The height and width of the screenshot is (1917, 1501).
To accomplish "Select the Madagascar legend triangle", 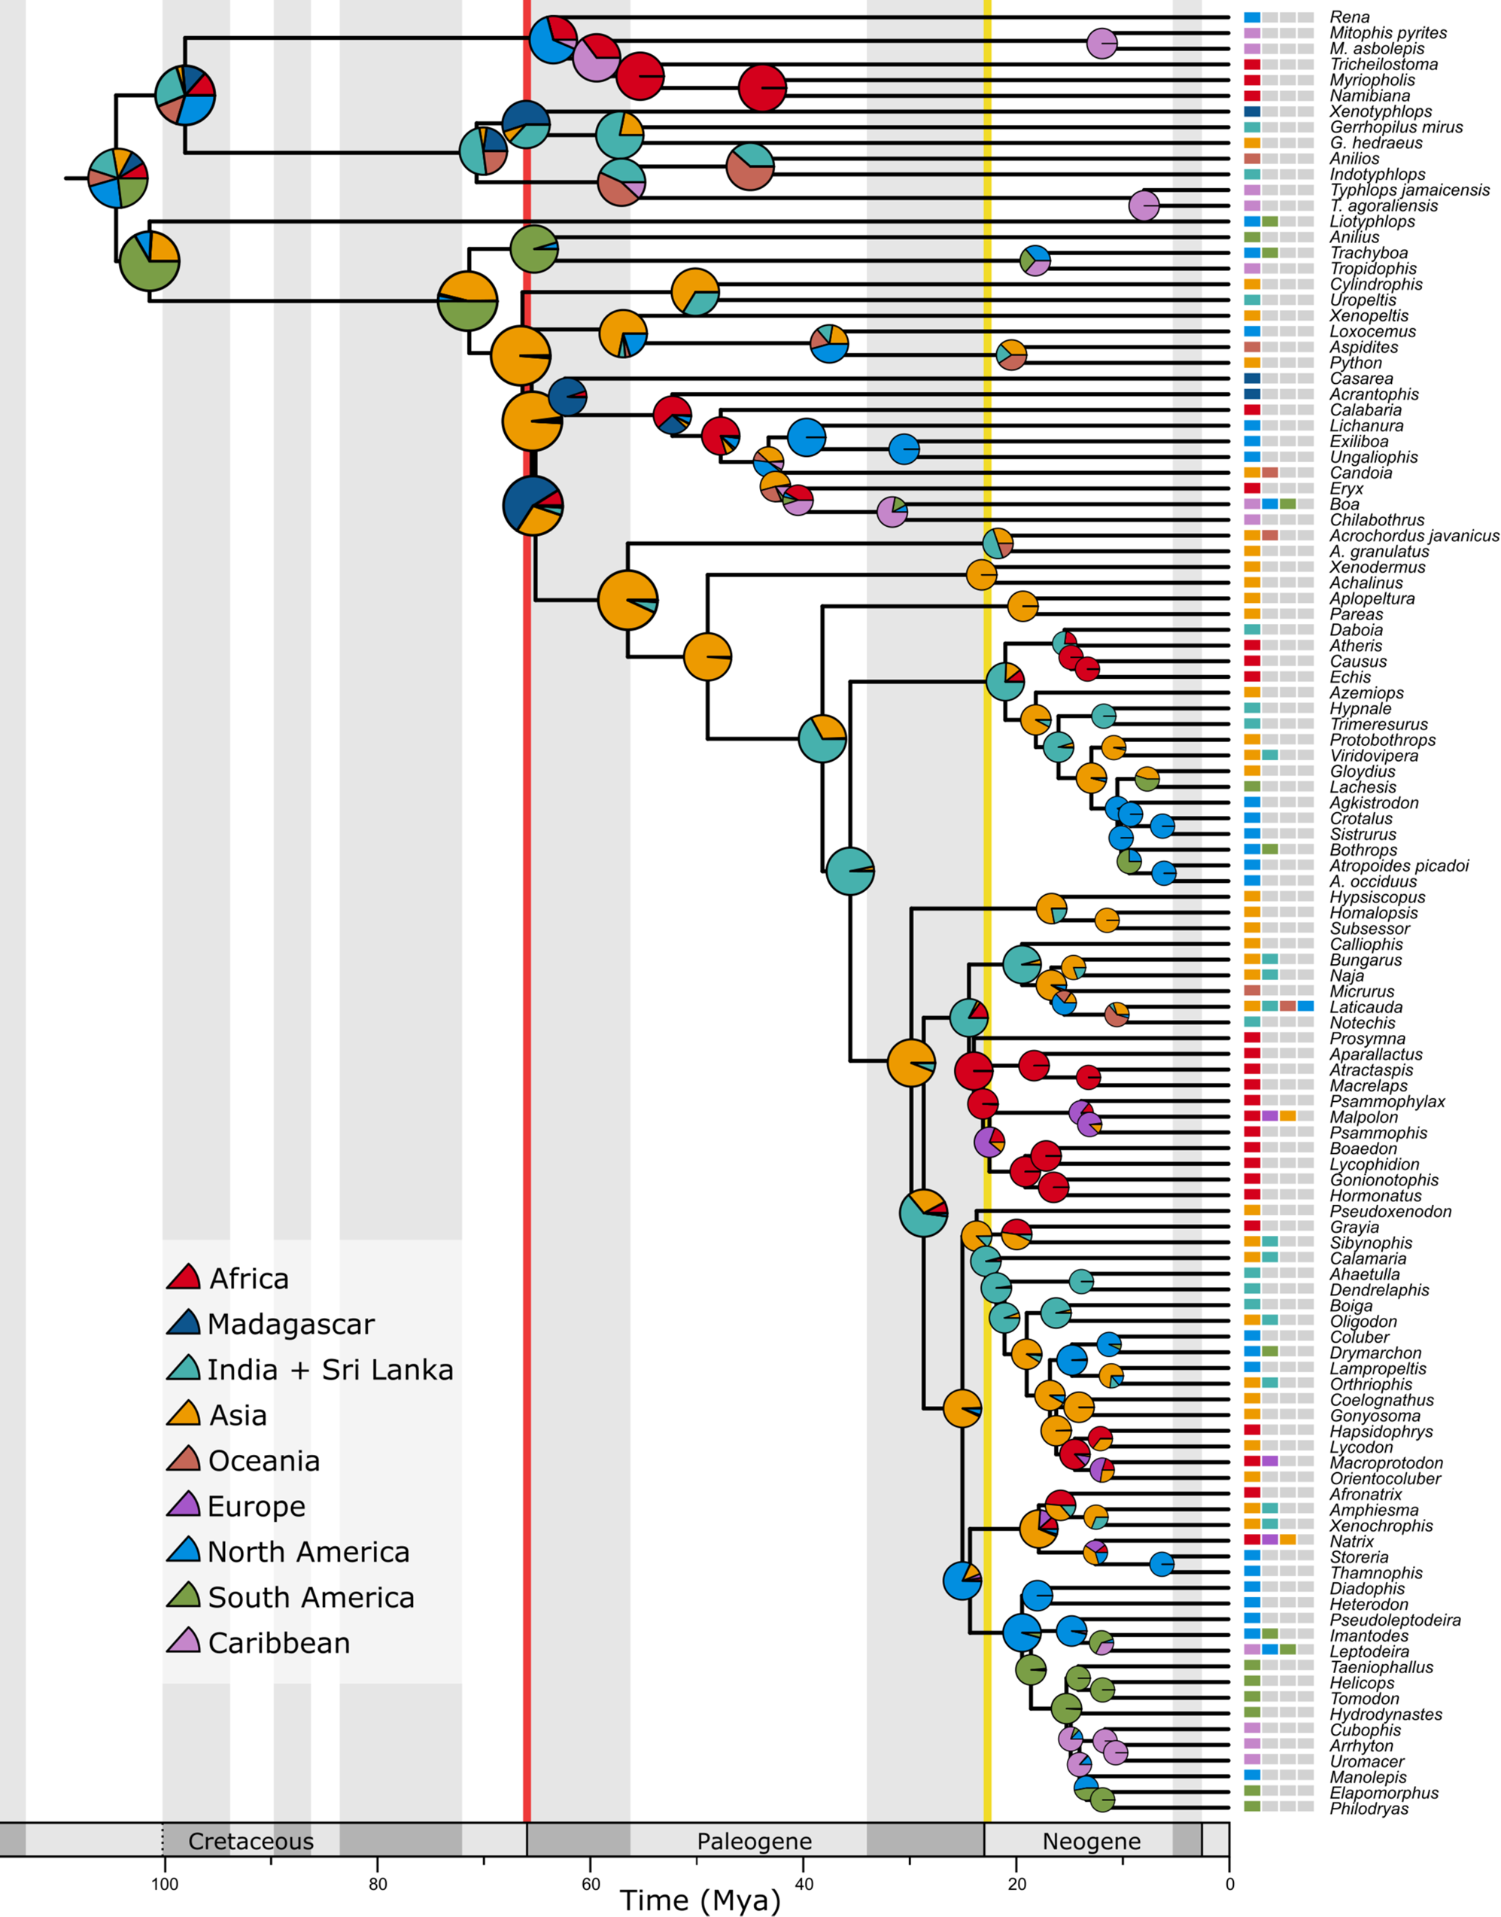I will click(184, 1324).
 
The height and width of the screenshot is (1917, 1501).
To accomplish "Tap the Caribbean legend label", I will click(278, 1643).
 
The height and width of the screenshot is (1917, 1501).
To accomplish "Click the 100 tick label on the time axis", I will click(164, 1884).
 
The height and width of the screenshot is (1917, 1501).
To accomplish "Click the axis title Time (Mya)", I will click(700, 1901).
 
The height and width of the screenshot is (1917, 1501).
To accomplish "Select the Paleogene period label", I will click(754, 1842).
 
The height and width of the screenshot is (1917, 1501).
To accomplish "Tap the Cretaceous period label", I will click(251, 1842).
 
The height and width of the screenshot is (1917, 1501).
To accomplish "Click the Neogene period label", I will click(1091, 1842).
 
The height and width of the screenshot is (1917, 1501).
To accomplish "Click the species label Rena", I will click(1349, 17).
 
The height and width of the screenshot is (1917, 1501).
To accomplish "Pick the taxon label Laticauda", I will click(1366, 1007).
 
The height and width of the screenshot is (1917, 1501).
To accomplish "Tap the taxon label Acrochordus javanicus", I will click(1413, 535).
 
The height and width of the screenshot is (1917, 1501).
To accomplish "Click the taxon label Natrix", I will click(1351, 1541).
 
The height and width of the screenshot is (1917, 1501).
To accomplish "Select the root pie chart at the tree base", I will click(118, 178).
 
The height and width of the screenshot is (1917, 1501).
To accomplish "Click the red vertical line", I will click(527, 879).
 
